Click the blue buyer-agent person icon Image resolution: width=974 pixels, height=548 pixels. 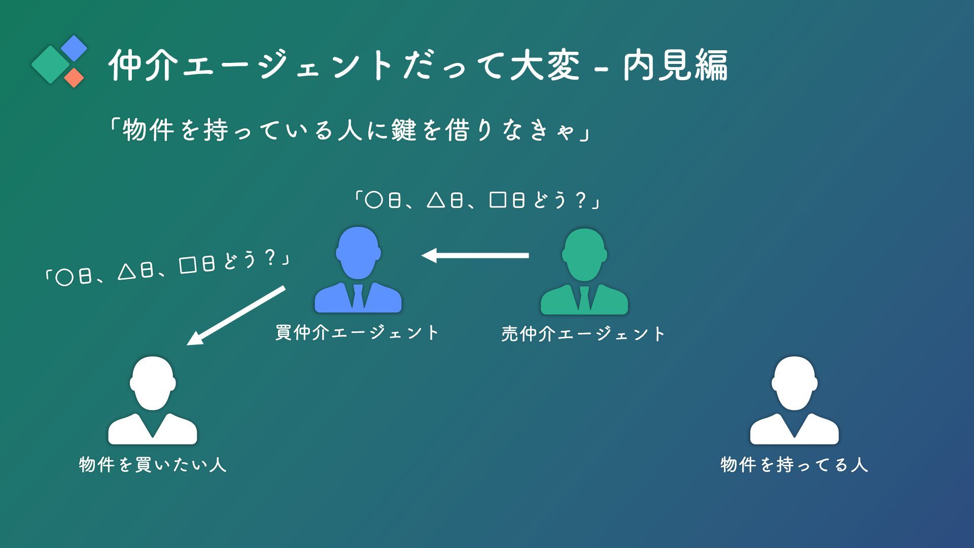tap(358, 269)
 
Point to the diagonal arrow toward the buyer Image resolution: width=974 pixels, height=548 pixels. tap(236, 316)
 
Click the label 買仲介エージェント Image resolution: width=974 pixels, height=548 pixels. tap(357, 333)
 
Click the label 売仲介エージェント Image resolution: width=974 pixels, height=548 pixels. tap(583, 334)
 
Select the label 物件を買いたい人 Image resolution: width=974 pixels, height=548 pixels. tap(153, 464)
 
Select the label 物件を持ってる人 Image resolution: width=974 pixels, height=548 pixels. tap(794, 464)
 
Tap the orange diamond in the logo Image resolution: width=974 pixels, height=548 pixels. tap(74, 78)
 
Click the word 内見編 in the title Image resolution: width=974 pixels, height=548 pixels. tap(675, 65)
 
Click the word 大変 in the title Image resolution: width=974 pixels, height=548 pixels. tap(545, 65)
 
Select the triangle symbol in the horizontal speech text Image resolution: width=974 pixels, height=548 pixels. tap(436, 200)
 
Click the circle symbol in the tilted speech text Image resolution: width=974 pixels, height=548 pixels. tap(64, 278)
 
